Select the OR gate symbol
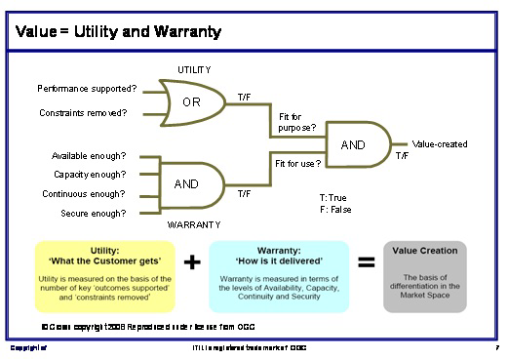pos(192,100)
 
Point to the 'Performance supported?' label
pos(88,88)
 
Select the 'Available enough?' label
pos(90,156)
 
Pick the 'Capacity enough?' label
pos(91,175)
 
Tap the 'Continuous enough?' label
pos(89,193)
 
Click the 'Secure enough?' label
pos(94,212)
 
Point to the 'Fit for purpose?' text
pos(297,122)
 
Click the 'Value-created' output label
pos(439,144)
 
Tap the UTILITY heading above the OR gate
pos(194,70)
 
